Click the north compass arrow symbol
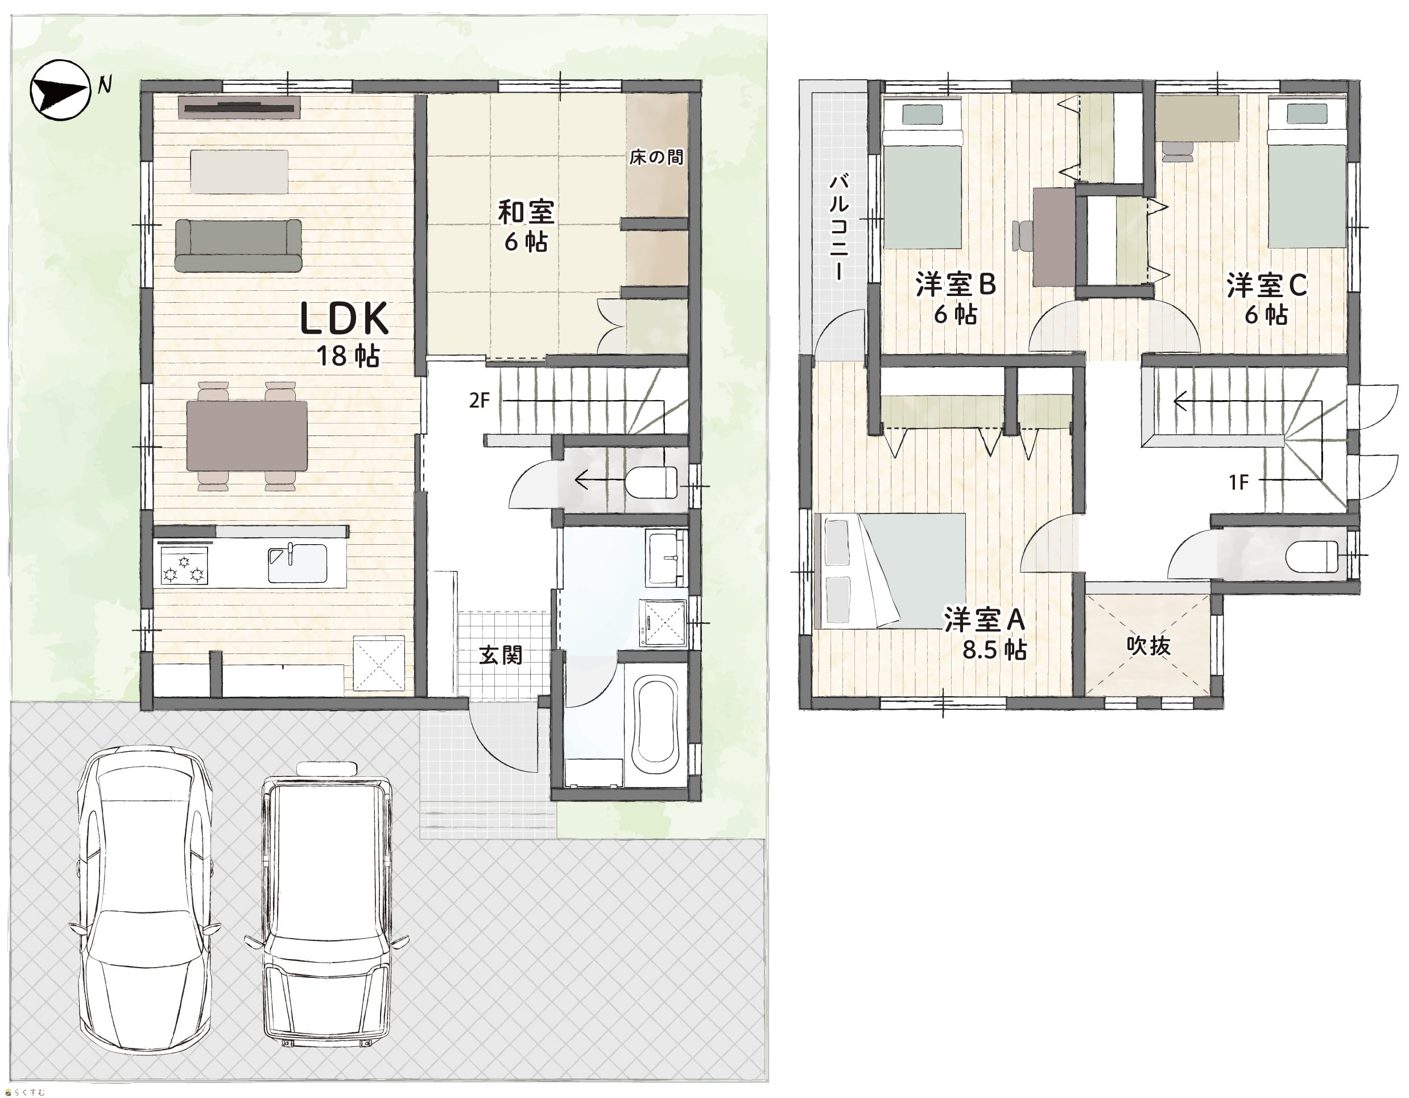click(60, 91)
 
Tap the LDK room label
click(345, 318)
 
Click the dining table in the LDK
click(246, 435)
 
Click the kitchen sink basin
click(297, 564)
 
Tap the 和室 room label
click(526, 212)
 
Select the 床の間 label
click(656, 157)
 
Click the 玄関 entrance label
click(501, 655)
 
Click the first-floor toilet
click(651, 482)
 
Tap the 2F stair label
click(480, 401)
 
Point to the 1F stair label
click(1239, 482)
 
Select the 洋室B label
click(956, 285)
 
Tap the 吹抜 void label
click(1148, 645)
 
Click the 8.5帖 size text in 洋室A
click(994, 650)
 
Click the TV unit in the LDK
click(239, 108)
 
